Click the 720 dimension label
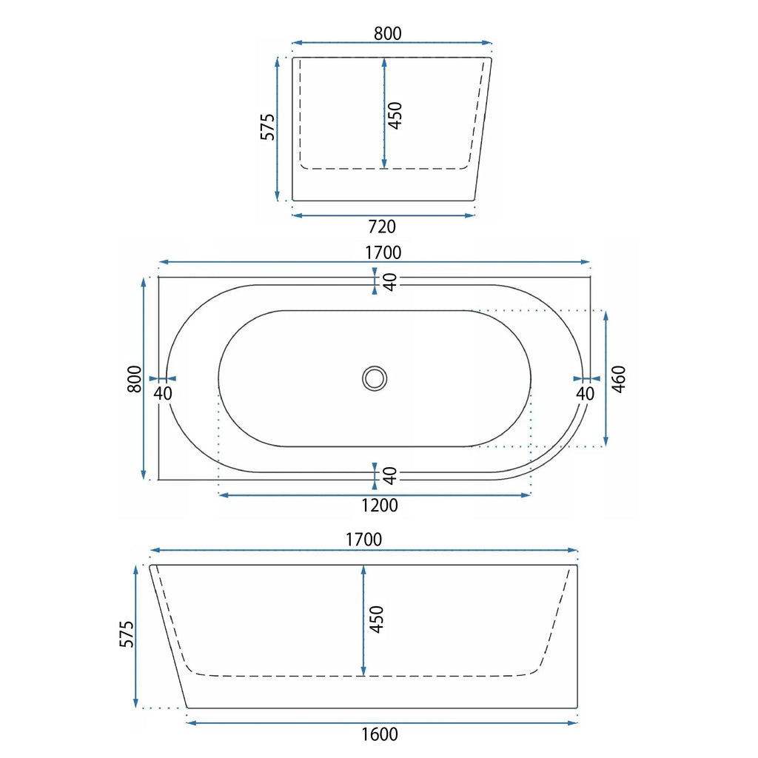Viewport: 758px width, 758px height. coord(382,227)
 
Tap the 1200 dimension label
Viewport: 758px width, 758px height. coord(380,506)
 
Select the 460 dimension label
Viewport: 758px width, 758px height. coord(619,379)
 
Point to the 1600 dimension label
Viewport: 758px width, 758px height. coord(380,734)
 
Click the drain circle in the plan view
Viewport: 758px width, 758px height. coord(375,378)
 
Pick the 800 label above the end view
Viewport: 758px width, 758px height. coord(388,33)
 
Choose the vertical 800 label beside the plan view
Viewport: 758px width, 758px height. coord(135,379)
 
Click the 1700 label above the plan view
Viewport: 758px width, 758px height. coord(383,252)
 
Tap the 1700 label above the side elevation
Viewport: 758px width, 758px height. coord(363,540)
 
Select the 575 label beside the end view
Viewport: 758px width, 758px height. coord(267,127)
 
